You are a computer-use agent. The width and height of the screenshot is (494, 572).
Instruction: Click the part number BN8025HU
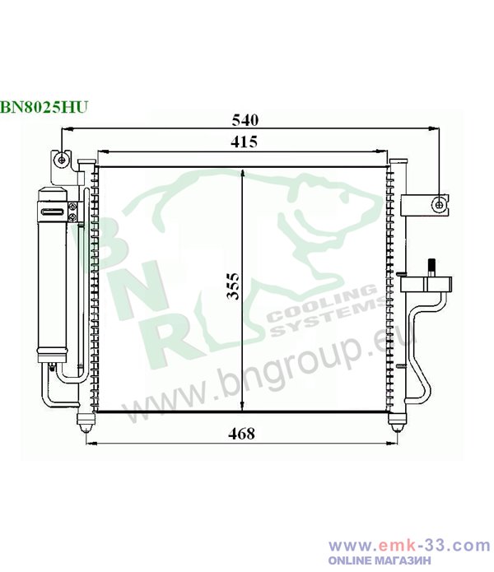point(44,107)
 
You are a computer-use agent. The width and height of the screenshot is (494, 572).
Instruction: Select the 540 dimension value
point(245,120)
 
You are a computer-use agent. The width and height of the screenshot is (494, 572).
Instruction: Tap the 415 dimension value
point(244,142)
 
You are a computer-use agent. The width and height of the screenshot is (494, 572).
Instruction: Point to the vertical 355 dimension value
point(233,286)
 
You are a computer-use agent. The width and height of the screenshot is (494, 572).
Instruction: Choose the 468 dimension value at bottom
point(241,434)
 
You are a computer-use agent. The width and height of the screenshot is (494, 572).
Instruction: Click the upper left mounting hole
point(62,160)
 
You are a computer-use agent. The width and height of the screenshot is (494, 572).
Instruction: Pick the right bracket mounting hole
point(439,205)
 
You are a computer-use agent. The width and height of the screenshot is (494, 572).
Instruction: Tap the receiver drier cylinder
point(53,276)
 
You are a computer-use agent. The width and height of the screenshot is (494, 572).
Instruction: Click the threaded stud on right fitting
point(431,267)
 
